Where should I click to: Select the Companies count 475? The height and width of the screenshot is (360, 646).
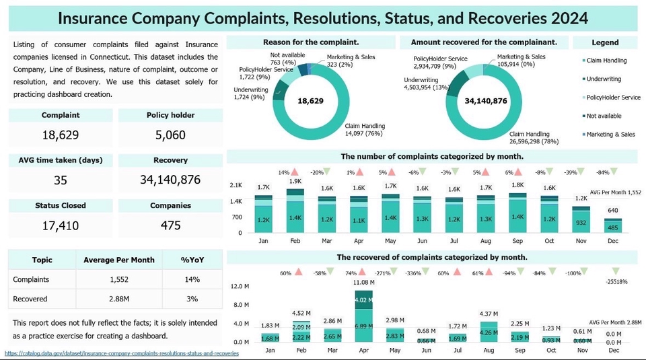[170, 225]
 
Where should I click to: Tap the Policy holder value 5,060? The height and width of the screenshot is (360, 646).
[170, 135]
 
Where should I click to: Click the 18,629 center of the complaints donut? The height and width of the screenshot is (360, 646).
[312, 101]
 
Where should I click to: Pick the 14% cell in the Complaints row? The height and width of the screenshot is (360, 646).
[192, 279]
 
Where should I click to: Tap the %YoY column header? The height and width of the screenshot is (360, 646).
[192, 260]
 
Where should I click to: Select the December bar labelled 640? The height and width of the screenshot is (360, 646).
[613, 225]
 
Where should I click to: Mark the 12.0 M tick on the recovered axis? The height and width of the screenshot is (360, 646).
[241, 287]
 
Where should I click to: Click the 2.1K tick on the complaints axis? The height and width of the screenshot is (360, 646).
[236, 185]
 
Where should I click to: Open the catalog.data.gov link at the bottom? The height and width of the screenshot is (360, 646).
[121, 353]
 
